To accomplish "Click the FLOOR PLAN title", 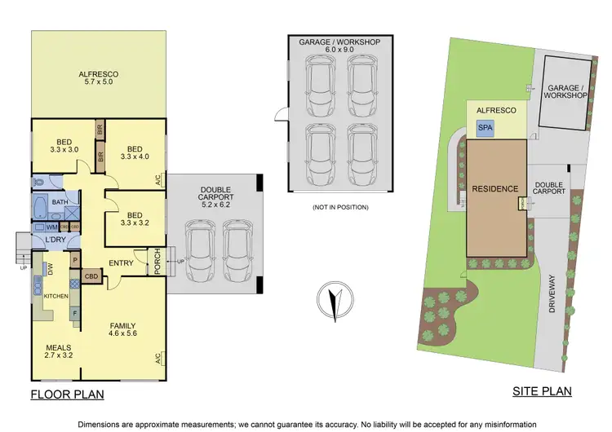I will pos(67,395).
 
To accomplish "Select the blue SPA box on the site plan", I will pos(486,128).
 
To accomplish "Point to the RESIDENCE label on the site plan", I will pos(495,189).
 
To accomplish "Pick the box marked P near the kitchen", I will pos(75,262).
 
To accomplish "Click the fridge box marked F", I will pos(75,312).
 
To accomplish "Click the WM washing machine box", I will pos(51,227).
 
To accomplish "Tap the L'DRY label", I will pos(55,240).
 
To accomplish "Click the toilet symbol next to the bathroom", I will pos(38,182).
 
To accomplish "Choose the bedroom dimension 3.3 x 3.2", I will pos(131,221).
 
